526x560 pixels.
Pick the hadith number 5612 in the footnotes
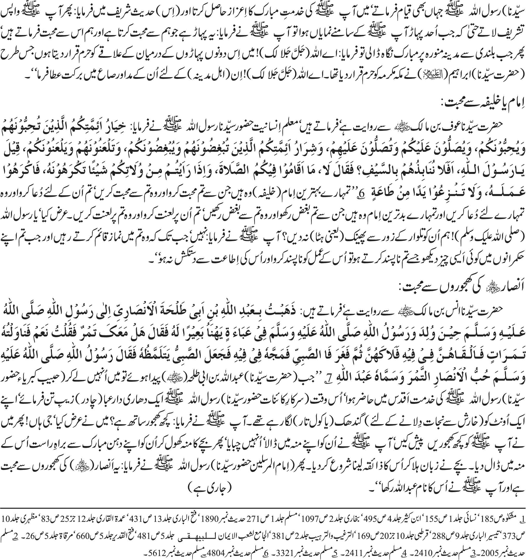point(290,553)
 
